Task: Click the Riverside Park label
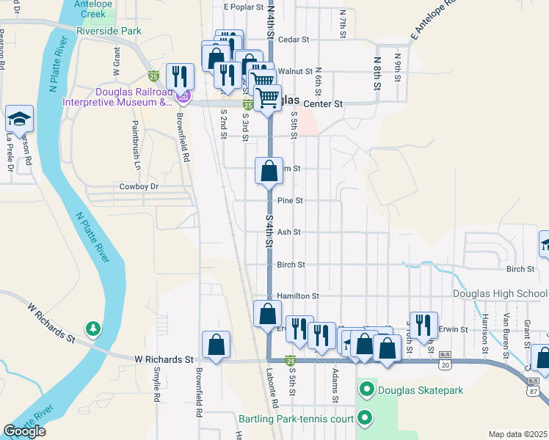pyautogui.click(x=108, y=32)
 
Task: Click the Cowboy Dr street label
pyautogui.click(x=139, y=187)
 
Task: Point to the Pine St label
pyautogui.click(x=290, y=200)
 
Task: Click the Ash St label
pyautogui.click(x=289, y=232)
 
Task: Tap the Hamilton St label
pyautogui.click(x=297, y=296)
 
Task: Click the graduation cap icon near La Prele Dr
pyautogui.click(x=19, y=120)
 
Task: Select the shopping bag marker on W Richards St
pyautogui.click(x=216, y=345)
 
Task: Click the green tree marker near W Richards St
pyautogui.click(x=92, y=328)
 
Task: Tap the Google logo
pyautogui.click(x=24, y=431)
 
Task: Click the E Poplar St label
pyautogui.click(x=243, y=7)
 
